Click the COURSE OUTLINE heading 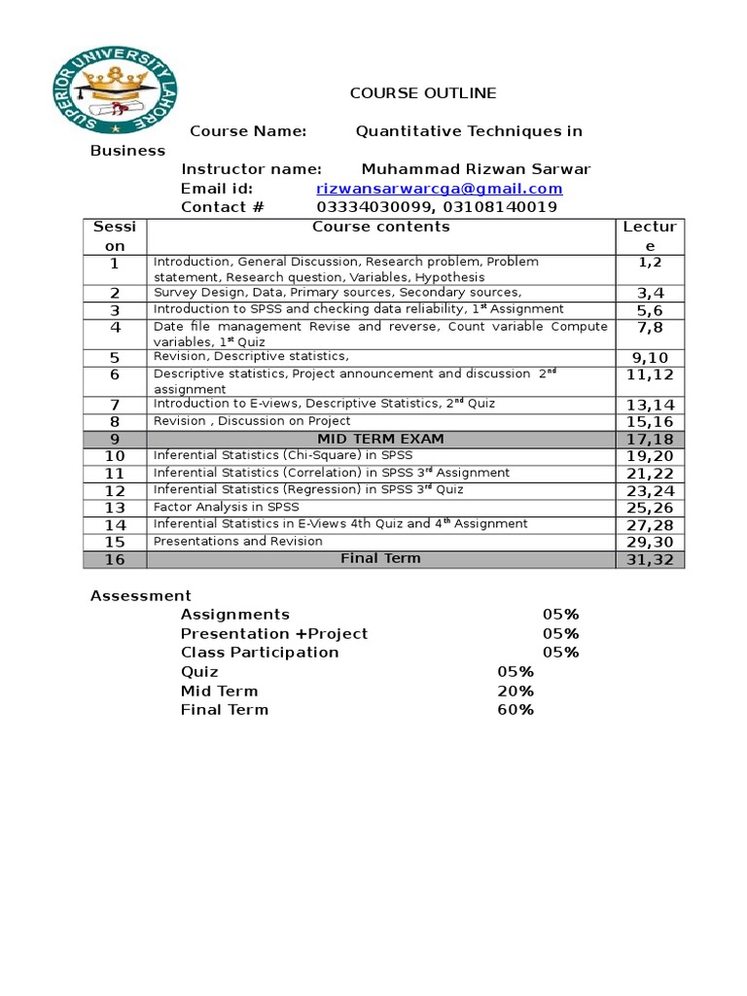[423, 93]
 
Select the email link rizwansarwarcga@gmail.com [440, 189]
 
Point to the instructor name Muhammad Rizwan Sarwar [476, 169]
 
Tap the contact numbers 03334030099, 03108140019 [437, 207]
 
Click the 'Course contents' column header [380, 227]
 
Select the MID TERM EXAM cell [380, 439]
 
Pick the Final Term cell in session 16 [380, 558]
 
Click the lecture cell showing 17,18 [650, 440]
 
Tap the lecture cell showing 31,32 [650, 559]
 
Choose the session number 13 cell [116, 508]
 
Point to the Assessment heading [141, 595]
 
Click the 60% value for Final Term [516, 710]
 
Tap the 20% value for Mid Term [516, 691]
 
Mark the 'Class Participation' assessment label [260, 653]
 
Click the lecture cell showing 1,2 [650, 263]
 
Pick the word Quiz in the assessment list [199, 672]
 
